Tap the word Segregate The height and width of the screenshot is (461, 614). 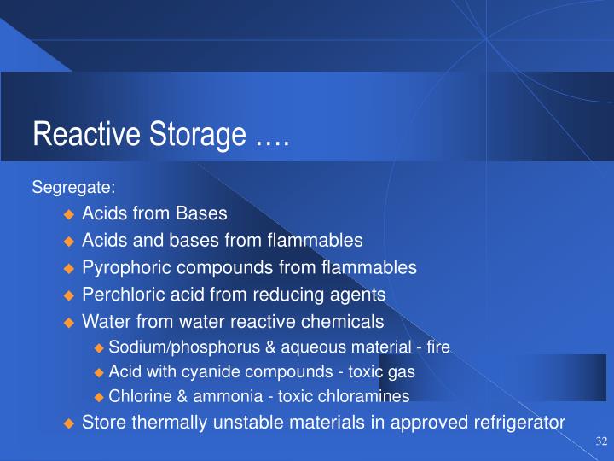[x=73, y=187]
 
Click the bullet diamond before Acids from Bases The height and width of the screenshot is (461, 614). [x=70, y=213]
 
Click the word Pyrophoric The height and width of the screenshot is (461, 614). [x=121, y=268]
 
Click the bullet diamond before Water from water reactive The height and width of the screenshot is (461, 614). [x=70, y=323]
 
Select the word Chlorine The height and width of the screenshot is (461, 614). [x=138, y=396]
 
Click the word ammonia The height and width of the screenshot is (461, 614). [x=219, y=396]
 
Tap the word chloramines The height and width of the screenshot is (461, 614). [x=368, y=396]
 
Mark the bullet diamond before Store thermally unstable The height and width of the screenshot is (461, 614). [x=70, y=423]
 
